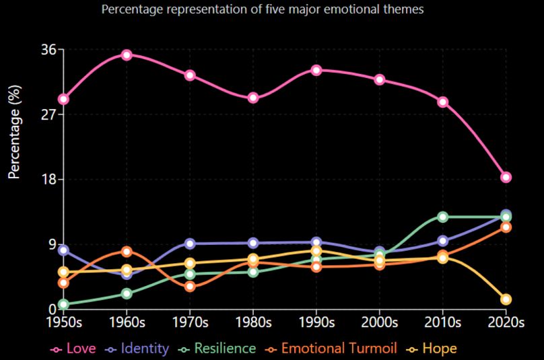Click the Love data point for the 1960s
(127, 55)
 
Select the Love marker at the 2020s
(506, 178)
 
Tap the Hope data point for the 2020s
(506, 299)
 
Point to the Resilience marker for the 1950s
(64, 304)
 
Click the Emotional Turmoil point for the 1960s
(127, 252)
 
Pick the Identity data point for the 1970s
(190, 244)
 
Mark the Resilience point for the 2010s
(443, 217)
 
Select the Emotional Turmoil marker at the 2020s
(506, 227)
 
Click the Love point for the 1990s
(316, 70)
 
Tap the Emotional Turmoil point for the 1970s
(190, 287)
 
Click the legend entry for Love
(73, 349)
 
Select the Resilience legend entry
(218, 349)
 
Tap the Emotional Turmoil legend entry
(331, 349)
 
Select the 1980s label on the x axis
(253, 322)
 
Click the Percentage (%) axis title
(14, 132)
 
